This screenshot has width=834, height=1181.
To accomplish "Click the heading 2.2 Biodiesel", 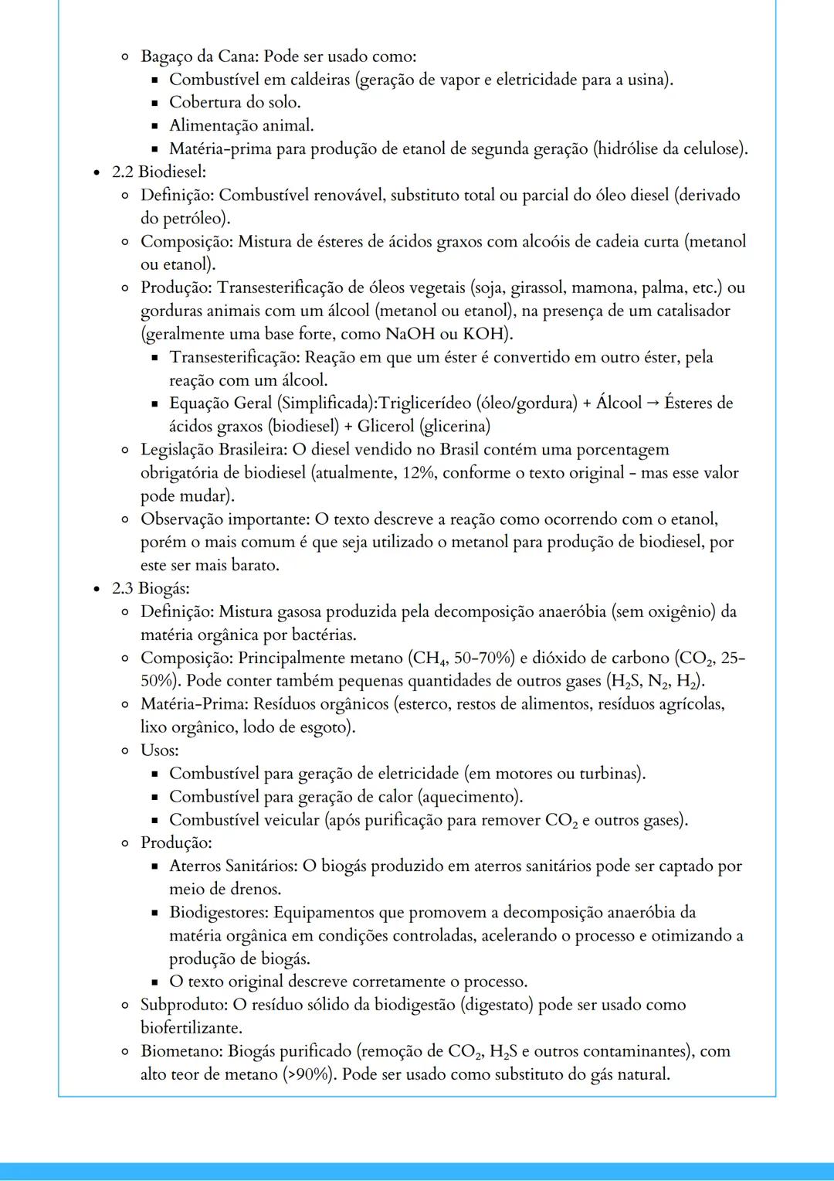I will coord(158,172).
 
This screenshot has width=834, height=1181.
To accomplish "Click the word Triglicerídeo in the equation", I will coord(425,403).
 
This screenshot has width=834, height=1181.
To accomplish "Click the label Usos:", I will coord(159,750).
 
